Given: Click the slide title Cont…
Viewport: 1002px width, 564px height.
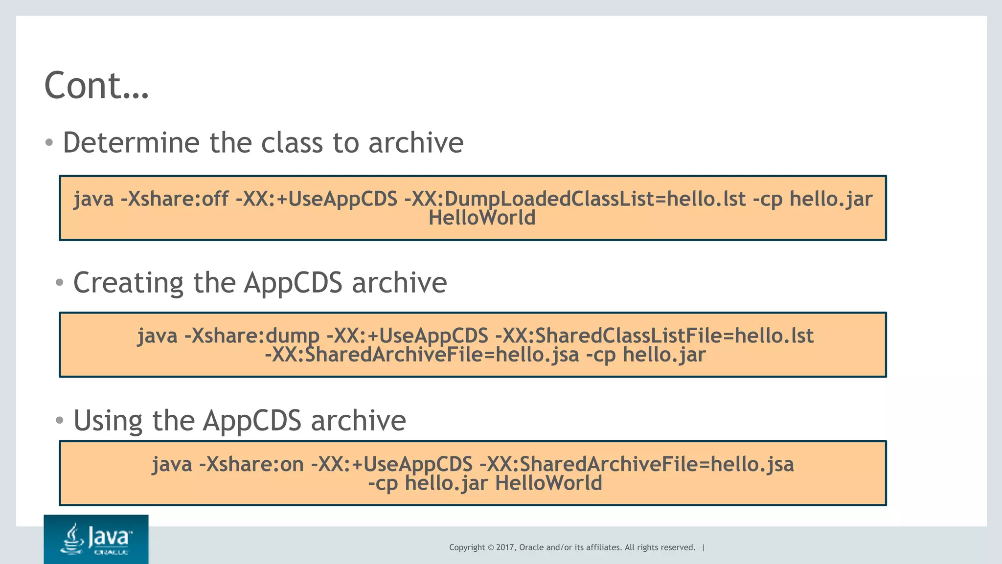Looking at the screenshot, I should tap(96, 86).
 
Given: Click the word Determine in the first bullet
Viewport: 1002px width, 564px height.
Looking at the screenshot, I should tap(131, 143).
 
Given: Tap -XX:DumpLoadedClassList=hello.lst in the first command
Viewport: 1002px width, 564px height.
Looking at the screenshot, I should tap(575, 199).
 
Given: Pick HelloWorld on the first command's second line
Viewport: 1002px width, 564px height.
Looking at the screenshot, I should tap(482, 218).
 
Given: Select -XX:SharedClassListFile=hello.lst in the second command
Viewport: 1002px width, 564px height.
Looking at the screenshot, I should tap(654, 336).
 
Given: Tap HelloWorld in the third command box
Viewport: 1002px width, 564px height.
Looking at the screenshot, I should tap(548, 483).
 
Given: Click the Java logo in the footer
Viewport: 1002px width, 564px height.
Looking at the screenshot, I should tap(96, 539).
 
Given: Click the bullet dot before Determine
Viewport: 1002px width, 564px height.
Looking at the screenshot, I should tap(49, 143).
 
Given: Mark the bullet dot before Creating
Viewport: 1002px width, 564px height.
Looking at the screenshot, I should tap(59, 283).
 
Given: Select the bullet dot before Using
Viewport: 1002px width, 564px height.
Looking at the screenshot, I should tap(59, 420).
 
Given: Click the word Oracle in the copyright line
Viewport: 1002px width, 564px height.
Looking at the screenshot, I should tap(531, 547).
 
